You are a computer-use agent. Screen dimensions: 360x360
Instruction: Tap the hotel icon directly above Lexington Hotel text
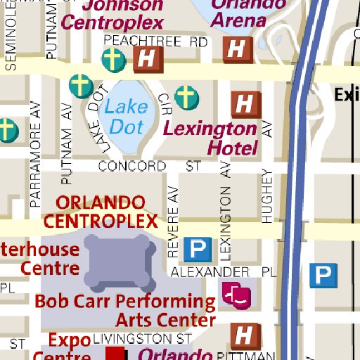245,105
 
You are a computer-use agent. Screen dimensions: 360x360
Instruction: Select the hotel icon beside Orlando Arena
237,49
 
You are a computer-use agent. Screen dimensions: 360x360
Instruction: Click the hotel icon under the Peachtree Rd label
148,60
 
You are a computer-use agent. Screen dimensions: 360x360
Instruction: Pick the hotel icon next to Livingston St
245,335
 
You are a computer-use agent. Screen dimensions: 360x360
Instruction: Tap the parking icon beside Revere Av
198,248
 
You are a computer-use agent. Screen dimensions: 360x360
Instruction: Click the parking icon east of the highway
324,275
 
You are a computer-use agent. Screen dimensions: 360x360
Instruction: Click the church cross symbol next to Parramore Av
6,129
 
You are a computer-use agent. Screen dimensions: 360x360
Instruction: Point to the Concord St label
149,167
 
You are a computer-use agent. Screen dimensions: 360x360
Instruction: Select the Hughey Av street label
266,195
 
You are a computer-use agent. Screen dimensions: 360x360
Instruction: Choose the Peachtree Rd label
155,42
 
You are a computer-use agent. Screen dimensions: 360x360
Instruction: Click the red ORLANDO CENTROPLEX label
100,212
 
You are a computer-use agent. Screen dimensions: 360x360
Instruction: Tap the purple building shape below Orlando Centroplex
119,262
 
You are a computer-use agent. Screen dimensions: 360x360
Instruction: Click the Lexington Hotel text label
211,138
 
